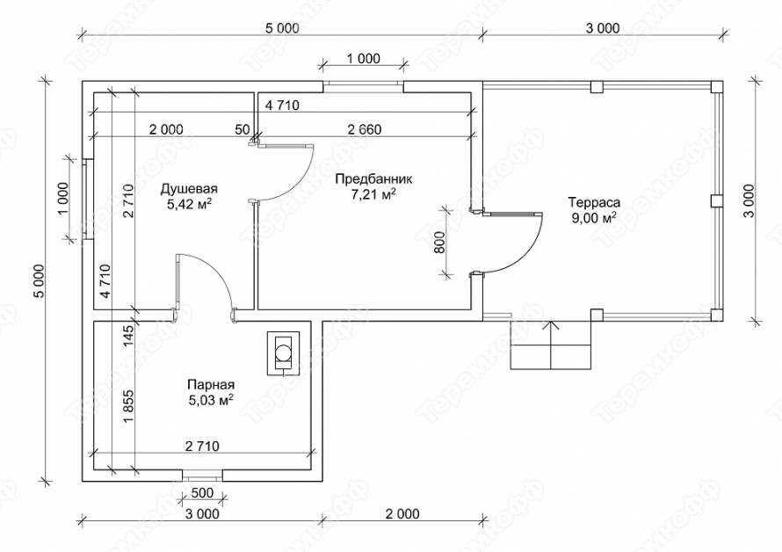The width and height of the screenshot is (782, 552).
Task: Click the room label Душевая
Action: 188,189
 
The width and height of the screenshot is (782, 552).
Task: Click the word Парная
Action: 210,385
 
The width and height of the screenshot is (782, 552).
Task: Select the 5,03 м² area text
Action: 210,401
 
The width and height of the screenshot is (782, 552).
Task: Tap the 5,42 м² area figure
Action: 188,205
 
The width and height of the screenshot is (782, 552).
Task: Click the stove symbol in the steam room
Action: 283,351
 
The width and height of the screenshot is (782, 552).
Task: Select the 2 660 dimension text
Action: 364,129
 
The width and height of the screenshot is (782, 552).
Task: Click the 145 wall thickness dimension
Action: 128,335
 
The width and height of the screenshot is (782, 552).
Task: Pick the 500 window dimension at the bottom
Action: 202,492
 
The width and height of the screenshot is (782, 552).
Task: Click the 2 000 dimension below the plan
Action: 402,514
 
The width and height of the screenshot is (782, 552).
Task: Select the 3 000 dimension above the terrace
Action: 603,28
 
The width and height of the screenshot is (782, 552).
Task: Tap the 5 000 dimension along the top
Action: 281,28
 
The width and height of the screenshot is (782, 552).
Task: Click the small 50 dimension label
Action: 242,129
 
